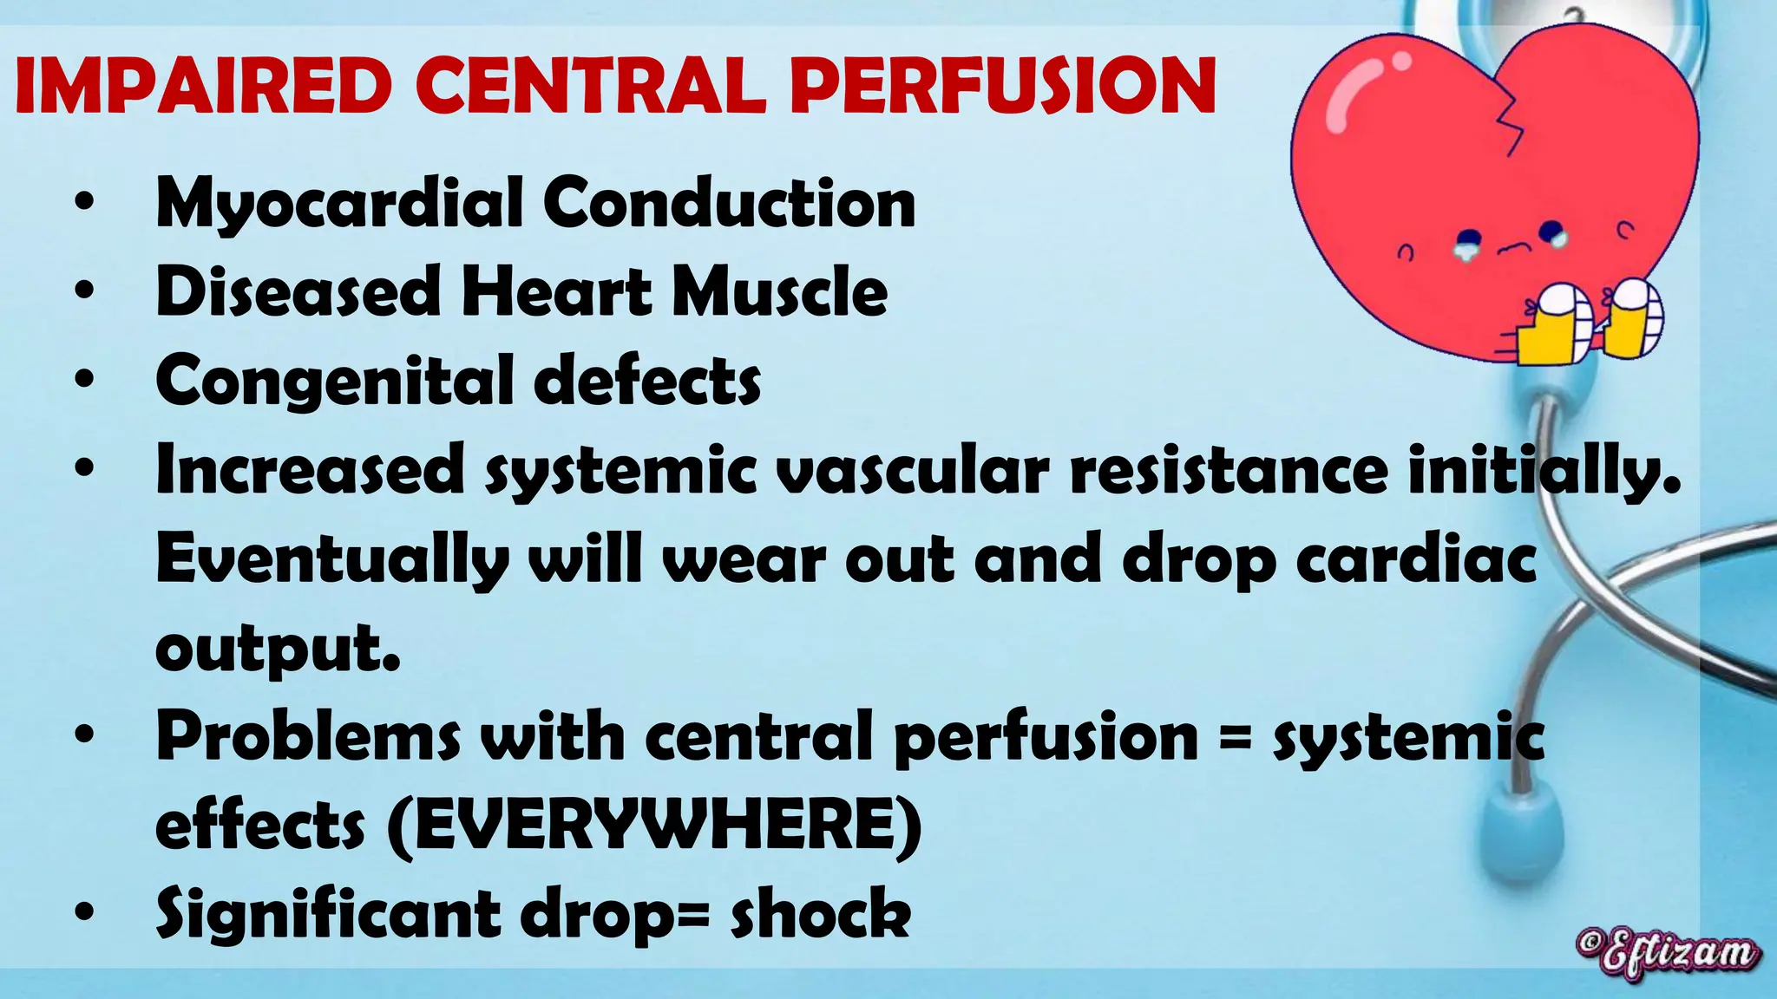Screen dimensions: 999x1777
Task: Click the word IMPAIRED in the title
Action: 204,86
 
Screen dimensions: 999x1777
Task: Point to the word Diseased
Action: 298,291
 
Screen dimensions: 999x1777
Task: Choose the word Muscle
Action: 779,291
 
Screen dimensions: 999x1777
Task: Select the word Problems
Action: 308,737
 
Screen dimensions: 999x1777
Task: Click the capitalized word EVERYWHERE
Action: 655,826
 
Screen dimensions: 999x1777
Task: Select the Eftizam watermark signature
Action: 1668,954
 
